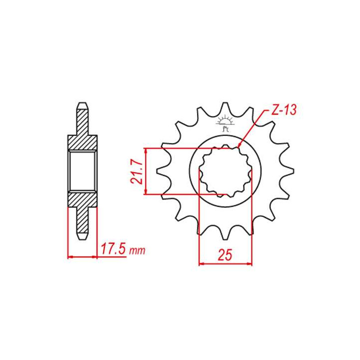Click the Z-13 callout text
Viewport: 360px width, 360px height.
(283, 111)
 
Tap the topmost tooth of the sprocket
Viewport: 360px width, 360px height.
(225, 109)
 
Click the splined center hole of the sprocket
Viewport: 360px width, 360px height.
(225, 171)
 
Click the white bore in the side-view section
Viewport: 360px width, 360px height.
(82, 171)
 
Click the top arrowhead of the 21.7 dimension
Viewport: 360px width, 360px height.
(145, 150)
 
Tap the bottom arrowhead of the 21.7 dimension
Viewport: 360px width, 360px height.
(145, 192)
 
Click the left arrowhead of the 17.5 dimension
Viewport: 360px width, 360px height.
(69, 257)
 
